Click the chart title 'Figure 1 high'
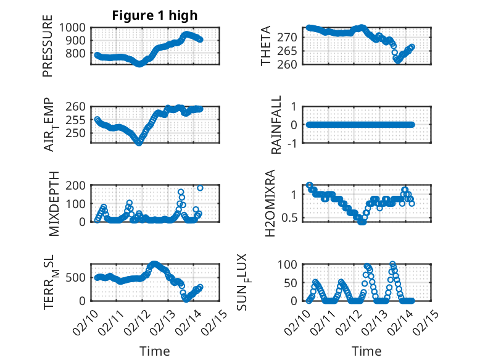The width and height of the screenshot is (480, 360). [154, 15]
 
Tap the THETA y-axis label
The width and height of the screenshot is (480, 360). [266, 46]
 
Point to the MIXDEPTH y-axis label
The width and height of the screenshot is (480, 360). [53, 203]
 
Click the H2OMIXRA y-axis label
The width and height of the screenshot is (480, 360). [271, 203]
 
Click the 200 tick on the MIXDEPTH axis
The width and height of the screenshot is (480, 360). [78, 185]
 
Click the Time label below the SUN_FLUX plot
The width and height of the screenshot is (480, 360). [366, 351]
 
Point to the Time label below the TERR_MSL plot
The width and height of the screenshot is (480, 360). [154, 351]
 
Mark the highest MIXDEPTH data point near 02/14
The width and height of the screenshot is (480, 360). [200, 188]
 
